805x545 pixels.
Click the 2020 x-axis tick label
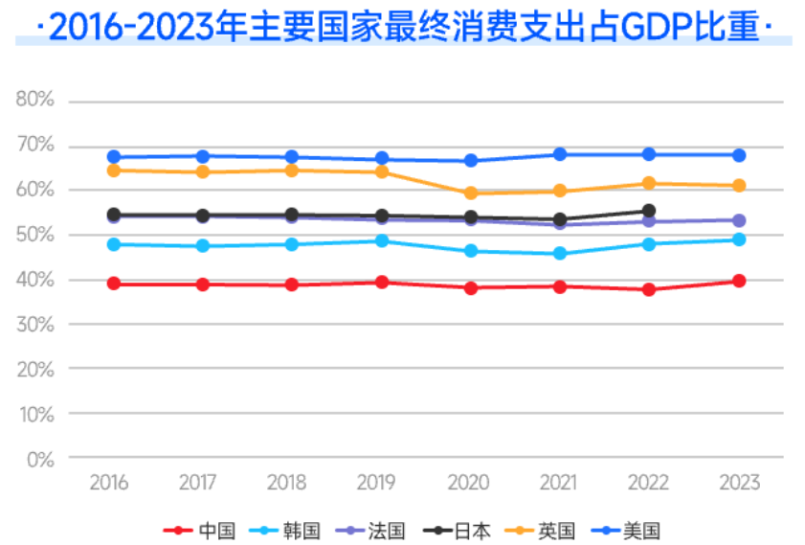(x=471, y=483)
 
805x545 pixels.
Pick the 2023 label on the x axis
(x=739, y=483)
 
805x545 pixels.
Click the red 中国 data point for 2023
(x=739, y=281)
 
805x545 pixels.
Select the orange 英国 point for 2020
(x=471, y=193)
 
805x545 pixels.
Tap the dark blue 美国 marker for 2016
(x=114, y=157)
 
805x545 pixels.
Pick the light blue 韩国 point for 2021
(x=560, y=254)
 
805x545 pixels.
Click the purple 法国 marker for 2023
(x=739, y=220)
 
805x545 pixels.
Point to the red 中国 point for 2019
(x=382, y=282)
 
